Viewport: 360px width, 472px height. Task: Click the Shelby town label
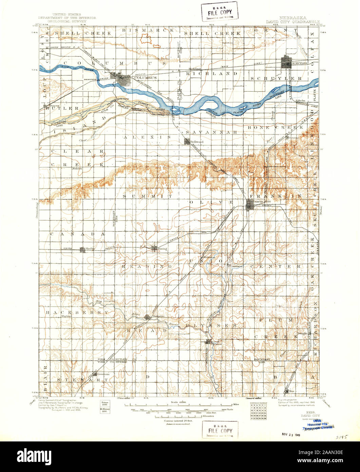90,249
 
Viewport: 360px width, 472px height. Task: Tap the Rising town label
162,249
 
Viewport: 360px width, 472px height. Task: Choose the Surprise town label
158,316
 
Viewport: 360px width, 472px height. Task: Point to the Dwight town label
302,333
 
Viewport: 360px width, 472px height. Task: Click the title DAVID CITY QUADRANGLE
291,21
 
